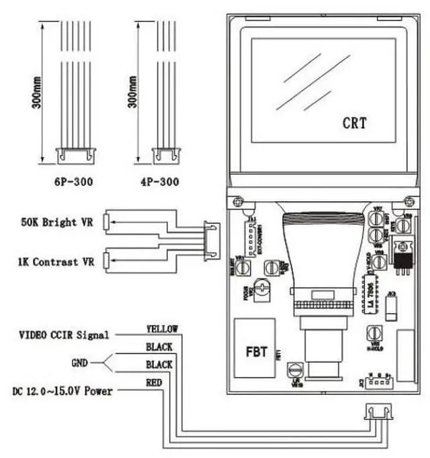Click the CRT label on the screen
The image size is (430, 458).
pyautogui.click(x=355, y=123)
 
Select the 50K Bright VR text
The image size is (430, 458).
pyautogui.click(x=59, y=221)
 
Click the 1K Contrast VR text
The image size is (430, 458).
pyautogui.click(x=56, y=262)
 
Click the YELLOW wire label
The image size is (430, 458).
pyautogui.click(x=162, y=329)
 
